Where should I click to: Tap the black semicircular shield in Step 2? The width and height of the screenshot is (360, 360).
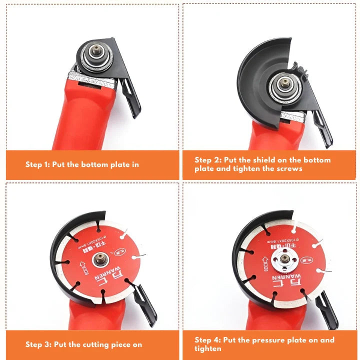pos(255,75)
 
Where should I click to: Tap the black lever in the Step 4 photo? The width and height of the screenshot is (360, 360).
pos(327,307)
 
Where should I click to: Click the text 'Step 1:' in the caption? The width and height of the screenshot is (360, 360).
pos(38,164)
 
